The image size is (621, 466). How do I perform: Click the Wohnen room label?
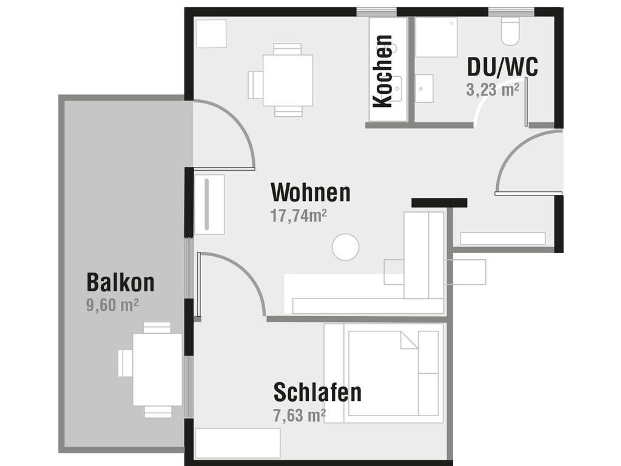[x=310, y=192]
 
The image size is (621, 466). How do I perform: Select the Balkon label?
[x=121, y=282]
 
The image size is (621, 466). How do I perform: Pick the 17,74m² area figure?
[x=298, y=216]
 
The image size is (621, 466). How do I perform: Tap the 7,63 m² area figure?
[x=300, y=415]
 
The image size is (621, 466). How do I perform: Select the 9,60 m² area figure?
[x=112, y=305]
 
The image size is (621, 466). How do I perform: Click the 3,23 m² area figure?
[x=493, y=90]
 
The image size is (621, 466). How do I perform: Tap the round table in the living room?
[x=345, y=247]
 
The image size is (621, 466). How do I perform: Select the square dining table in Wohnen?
[x=288, y=80]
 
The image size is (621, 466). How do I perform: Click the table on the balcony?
[x=157, y=369]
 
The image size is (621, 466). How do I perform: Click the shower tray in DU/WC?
[x=436, y=37]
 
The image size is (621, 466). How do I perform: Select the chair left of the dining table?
[x=255, y=85]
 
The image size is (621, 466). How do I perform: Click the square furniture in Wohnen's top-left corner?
[x=211, y=33]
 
